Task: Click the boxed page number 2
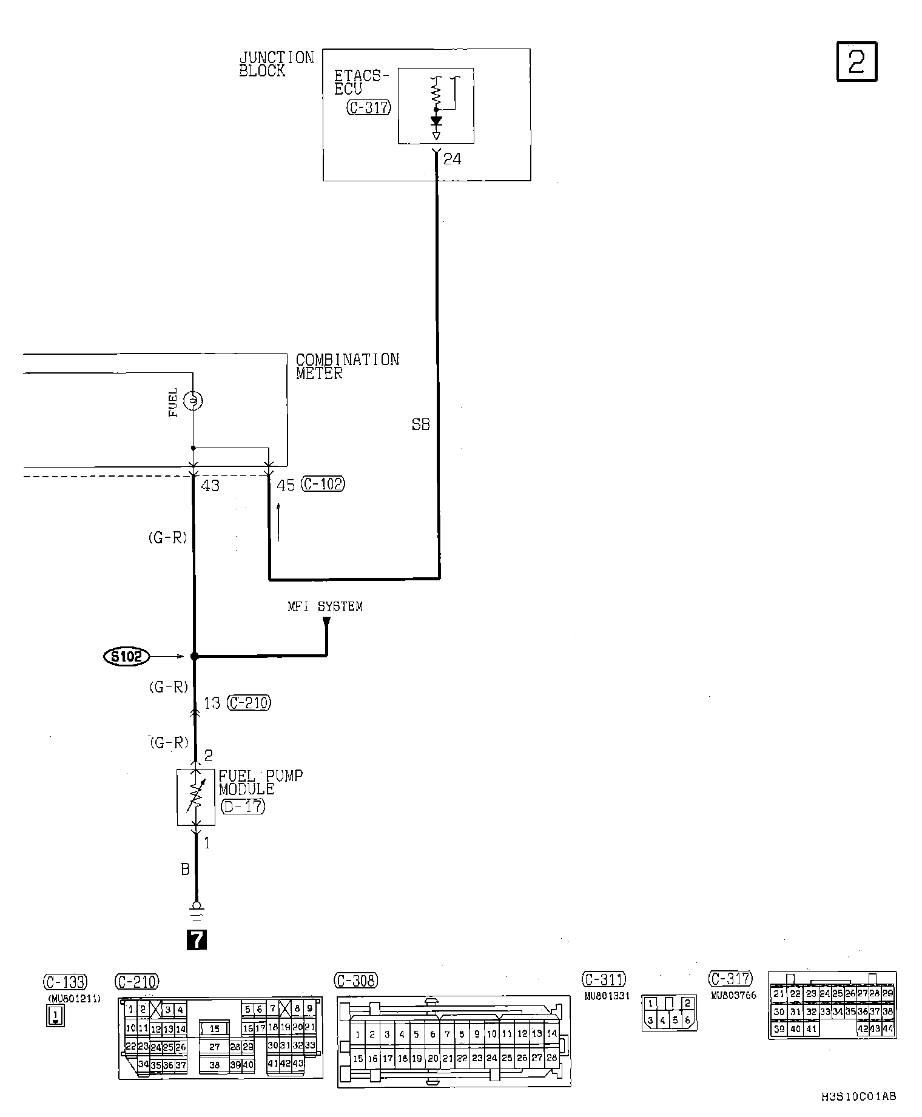click(856, 61)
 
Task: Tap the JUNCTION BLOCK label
click(276, 64)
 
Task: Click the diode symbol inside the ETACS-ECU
click(436, 121)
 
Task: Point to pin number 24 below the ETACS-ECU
click(452, 159)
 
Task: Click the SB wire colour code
click(420, 425)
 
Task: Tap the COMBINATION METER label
click(347, 366)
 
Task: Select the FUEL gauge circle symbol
click(193, 401)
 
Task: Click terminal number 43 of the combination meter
click(210, 486)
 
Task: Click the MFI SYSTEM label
click(325, 606)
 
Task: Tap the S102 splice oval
click(126, 656)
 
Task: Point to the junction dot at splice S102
click(194, 656)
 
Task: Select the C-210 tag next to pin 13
click(249, 703)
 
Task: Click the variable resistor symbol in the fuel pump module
click(195, 797)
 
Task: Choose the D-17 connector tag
click(243, 807)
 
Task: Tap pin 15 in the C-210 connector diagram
click(215, 1028)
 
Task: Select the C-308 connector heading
click(356, 981)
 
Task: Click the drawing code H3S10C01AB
click(858, 1096)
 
